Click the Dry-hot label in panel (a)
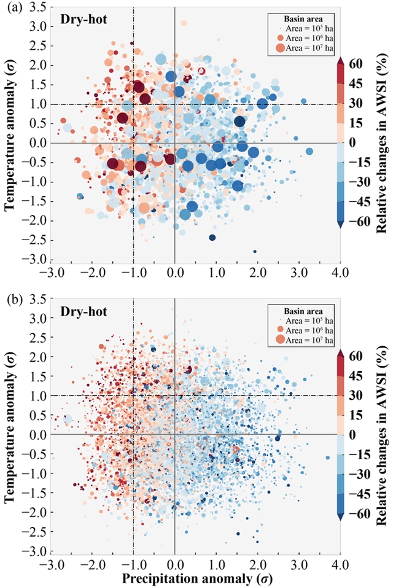(x=84, y=19)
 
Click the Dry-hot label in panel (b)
(x=84, y=311)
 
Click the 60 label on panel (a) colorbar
(x=356, y=63)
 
